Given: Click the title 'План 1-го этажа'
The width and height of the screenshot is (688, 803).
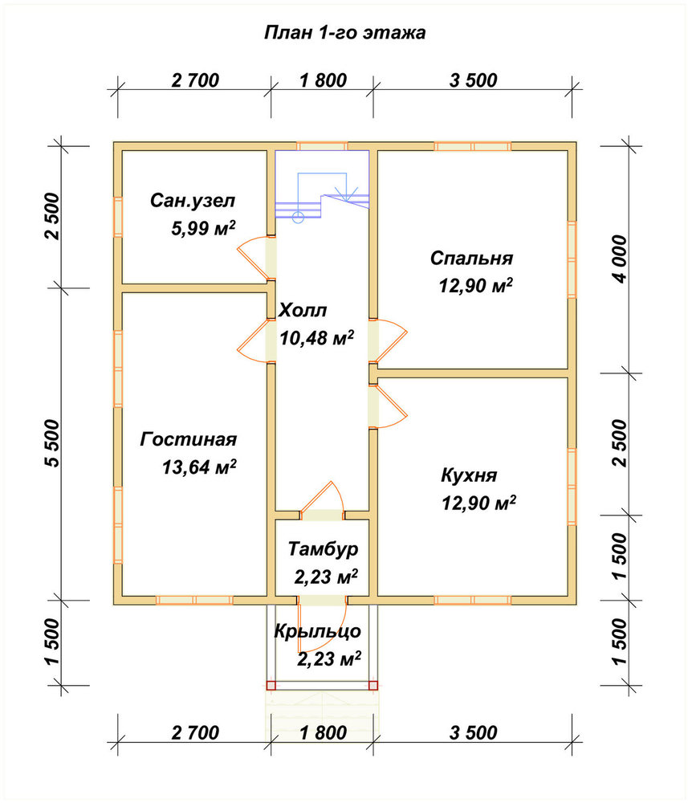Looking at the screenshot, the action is (x=344, y=33).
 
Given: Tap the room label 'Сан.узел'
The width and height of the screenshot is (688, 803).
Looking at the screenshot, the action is (x=193, y=200).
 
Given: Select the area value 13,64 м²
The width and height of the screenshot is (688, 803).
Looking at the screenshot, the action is (x=199, y=467).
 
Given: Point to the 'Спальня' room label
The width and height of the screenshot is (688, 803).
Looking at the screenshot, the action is (x=471, y=258).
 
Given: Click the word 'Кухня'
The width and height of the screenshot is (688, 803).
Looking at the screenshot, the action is (x=469, y=475).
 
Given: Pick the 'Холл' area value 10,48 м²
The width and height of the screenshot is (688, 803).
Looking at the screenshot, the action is (x=317, y=337).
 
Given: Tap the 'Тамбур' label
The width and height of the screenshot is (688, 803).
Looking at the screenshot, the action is (x=323, y=549).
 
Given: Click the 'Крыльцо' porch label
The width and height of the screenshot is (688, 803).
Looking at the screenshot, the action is (x=317, y=631).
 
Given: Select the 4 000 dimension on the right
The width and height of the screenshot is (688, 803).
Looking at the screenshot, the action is (x=620, y=259).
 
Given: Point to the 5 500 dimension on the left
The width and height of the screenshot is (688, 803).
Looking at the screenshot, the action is (x=53, y=443).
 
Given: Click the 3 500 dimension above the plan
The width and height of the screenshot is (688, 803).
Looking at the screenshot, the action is (x=474, y=80).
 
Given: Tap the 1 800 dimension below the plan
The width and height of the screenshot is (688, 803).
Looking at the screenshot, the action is (x=324, y=733).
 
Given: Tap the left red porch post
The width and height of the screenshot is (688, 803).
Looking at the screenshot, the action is (x=271, y=685).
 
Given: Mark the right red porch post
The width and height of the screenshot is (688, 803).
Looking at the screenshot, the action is (x=373, y=685).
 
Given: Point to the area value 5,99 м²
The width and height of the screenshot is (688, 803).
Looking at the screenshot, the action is (x=203, y=228).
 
